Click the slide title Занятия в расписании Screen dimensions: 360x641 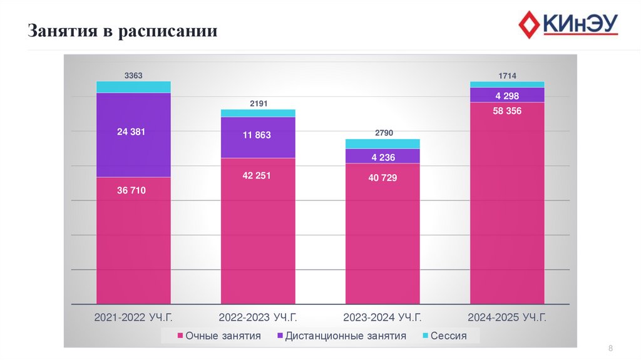[123, 31]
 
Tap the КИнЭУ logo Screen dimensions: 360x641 [568, 25]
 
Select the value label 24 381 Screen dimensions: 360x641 [131, 131]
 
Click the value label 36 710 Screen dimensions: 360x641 [131, 190]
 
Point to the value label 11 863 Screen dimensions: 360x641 [257, 135]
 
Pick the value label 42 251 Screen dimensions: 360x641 [257, 175]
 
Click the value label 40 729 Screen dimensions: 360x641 [382, 178]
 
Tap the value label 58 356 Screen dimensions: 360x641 [507, 110]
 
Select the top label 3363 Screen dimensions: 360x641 [133, 75]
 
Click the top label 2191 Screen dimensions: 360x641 [259, 103]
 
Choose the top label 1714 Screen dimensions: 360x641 [507, 76]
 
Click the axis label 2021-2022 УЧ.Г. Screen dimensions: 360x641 [133, 317]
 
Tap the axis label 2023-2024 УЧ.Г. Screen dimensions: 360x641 [383, 317]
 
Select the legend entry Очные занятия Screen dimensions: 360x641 [218, 336]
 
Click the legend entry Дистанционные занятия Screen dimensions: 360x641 [341, 336]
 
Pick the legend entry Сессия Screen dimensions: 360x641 [444, 336]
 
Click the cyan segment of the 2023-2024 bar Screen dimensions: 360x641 [382, 144]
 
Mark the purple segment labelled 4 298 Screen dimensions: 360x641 [507, 95]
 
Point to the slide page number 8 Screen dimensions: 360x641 [610, 348]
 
